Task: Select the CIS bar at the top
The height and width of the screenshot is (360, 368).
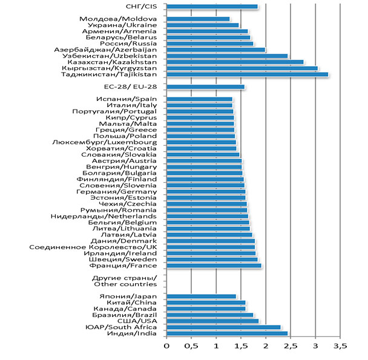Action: [x=212, y=7]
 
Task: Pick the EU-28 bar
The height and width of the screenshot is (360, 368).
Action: [x=205, y=87]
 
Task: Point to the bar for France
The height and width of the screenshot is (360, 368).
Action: [x=214, y=266]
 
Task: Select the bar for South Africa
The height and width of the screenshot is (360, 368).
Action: [x=223, y=327]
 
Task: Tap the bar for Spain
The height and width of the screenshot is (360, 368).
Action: [x=199, y=99]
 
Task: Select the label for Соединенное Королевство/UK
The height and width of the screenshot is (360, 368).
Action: [x=93, y=247]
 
